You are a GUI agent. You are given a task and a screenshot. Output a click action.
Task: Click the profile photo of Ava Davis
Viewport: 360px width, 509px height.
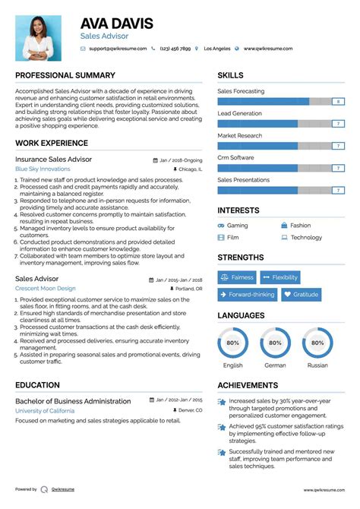[37, 38]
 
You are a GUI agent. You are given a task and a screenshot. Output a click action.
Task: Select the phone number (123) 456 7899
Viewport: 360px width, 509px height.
[176, 49]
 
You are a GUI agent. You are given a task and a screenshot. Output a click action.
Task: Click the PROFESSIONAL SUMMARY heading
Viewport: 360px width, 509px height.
[65, 75]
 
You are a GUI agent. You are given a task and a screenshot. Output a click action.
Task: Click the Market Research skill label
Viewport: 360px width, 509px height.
[239, 135]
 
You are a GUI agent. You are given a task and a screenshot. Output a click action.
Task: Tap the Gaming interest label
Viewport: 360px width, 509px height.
[237, 226]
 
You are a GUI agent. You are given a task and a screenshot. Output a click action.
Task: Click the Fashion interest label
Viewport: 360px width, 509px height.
[300, 226]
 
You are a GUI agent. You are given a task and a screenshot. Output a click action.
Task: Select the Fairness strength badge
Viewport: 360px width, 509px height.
[237, 277]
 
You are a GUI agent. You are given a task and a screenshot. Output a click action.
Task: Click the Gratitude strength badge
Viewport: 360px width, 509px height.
[301, 295]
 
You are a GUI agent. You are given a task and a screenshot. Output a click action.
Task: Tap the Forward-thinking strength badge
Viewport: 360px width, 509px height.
[246, 295]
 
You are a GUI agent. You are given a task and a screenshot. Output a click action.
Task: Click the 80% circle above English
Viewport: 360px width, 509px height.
[232, 343]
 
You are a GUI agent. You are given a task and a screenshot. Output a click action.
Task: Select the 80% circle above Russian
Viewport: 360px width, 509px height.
[317, 343]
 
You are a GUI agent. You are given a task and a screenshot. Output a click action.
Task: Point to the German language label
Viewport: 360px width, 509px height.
[275, 365]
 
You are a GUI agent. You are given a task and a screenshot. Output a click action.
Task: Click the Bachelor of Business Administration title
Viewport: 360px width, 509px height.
[73, 401]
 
